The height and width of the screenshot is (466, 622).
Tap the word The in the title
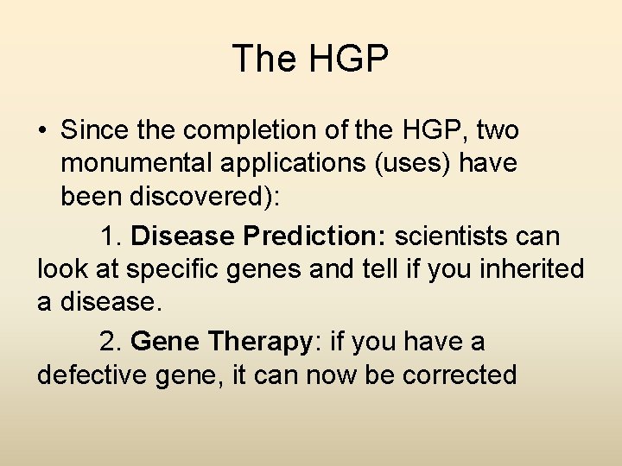click(263, 59)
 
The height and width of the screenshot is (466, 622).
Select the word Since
click(93, 130)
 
